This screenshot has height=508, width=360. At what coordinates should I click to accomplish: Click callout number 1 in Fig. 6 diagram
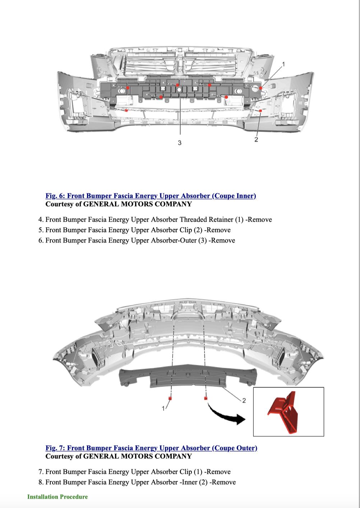[x=283, y=64]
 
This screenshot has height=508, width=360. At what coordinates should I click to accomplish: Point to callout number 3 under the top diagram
[x=180, y=143]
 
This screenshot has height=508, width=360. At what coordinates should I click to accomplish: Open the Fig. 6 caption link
[x=151, y=196]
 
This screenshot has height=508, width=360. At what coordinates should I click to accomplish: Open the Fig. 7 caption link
[x=151, y=448]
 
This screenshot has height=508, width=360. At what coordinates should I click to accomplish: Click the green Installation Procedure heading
[x=57, y=497]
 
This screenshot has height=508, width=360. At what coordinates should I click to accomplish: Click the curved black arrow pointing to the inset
[x=226, y=415]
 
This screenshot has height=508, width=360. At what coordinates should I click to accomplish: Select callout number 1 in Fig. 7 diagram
[x=163, y=408]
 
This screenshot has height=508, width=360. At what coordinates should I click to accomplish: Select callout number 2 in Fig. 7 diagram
[x=244, y=401]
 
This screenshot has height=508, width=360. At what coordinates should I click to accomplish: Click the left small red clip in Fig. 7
[x=169, y=398]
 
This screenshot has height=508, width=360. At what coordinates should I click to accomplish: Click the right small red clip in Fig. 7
[x=206, y=398]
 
